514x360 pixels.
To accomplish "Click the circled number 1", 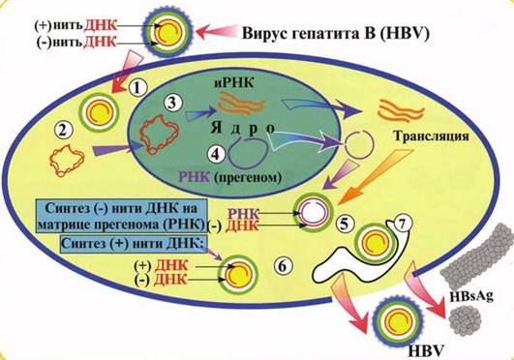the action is pos(138,87).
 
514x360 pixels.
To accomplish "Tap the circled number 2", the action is pos(63,130).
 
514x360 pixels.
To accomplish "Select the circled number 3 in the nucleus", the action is pos(172,104).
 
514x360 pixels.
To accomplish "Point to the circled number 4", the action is pos(215,154).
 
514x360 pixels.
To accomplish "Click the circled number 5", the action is pos(345,224).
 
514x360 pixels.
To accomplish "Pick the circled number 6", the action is pos(283,265).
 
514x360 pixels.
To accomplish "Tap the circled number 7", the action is pos(402,223).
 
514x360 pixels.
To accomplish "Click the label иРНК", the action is pos(234,83).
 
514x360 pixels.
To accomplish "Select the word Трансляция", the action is pos(432,136).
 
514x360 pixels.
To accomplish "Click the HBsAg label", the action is pos(471,296).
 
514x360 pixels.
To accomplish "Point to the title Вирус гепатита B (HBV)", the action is pos(335,34).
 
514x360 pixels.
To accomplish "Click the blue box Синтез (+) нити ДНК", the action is pos(133,244).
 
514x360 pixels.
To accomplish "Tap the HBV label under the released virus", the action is pos(427,351).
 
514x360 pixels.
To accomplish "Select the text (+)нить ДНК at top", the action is pos(76,25).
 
